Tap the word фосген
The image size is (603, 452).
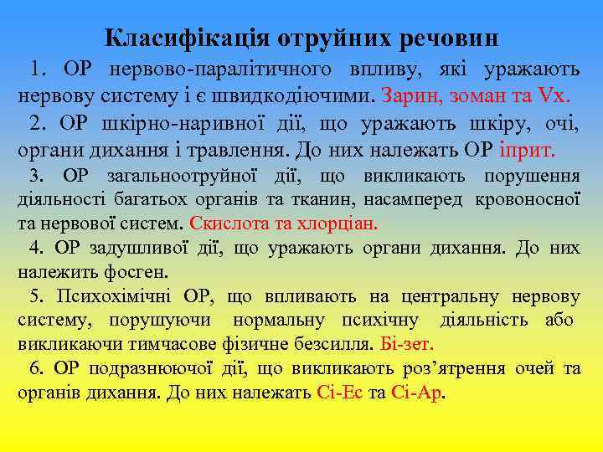(139, 272)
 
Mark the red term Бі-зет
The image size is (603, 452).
(405, 344)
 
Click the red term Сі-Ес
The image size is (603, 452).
(338, 393)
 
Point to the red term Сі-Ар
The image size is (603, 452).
(418, 393)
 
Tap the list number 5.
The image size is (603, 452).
(35, 296)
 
